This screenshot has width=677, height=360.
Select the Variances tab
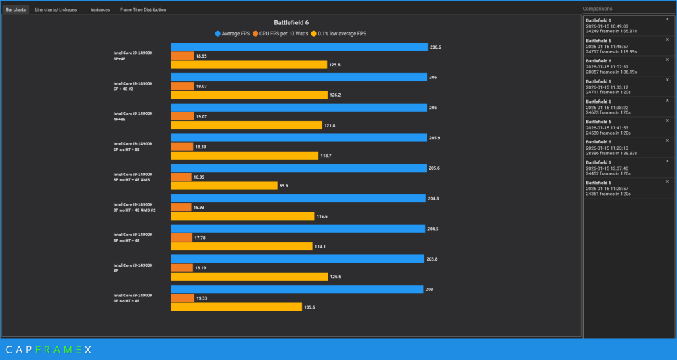(x=100, y=9)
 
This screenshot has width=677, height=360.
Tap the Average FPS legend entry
(x=234, y=33)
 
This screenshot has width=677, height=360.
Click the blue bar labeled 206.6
(x=299, y=47)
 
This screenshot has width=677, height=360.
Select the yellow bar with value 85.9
(x=224, y=185)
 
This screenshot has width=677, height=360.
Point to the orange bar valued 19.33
(x=182, y=298)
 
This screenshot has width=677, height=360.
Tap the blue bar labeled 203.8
(x=298, y=259)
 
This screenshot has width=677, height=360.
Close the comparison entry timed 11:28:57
(x=667, y=181)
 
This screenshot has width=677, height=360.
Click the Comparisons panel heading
(x=598, y=9)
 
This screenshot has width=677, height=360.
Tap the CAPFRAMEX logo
(x=46, y=349)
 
